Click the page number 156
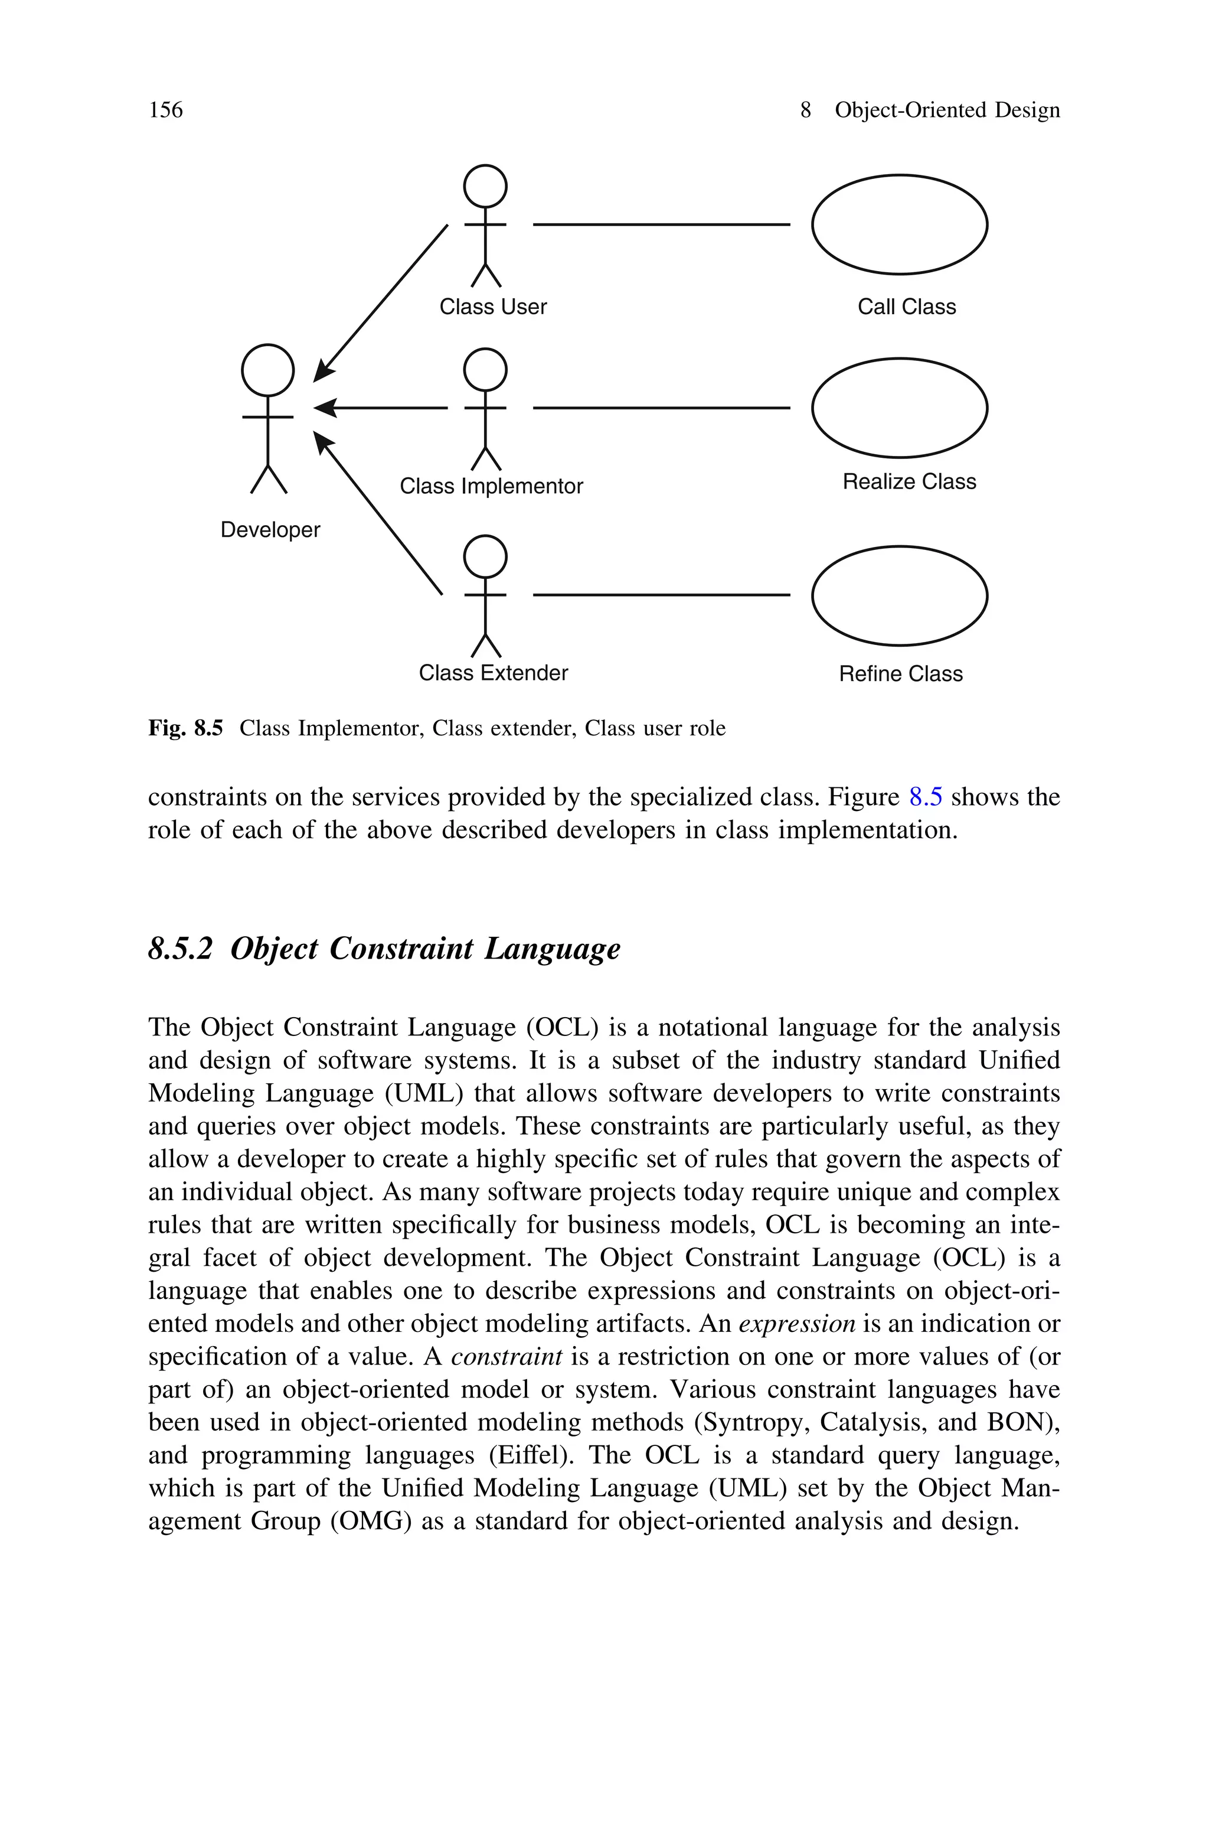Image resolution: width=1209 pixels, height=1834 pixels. (x=166, y=110)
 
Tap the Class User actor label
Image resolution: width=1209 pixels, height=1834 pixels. (x=493, y=307)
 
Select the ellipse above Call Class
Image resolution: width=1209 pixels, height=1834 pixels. (x=899, y=224)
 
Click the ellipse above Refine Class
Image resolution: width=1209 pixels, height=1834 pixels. (x=899, y=595)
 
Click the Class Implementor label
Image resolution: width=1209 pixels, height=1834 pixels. (x=491, y=486)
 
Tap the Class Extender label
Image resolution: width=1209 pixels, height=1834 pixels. (x=493, y=673)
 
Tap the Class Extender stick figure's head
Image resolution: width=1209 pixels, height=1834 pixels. (x=485, y=555)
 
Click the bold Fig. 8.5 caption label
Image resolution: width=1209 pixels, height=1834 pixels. (x=185, y=728)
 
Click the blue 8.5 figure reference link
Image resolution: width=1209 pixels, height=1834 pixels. (x=925, y=797)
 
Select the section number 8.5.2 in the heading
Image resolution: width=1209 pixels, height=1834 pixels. (x=179, y=949)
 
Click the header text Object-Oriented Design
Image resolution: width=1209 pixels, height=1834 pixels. (x=947, y=110)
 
